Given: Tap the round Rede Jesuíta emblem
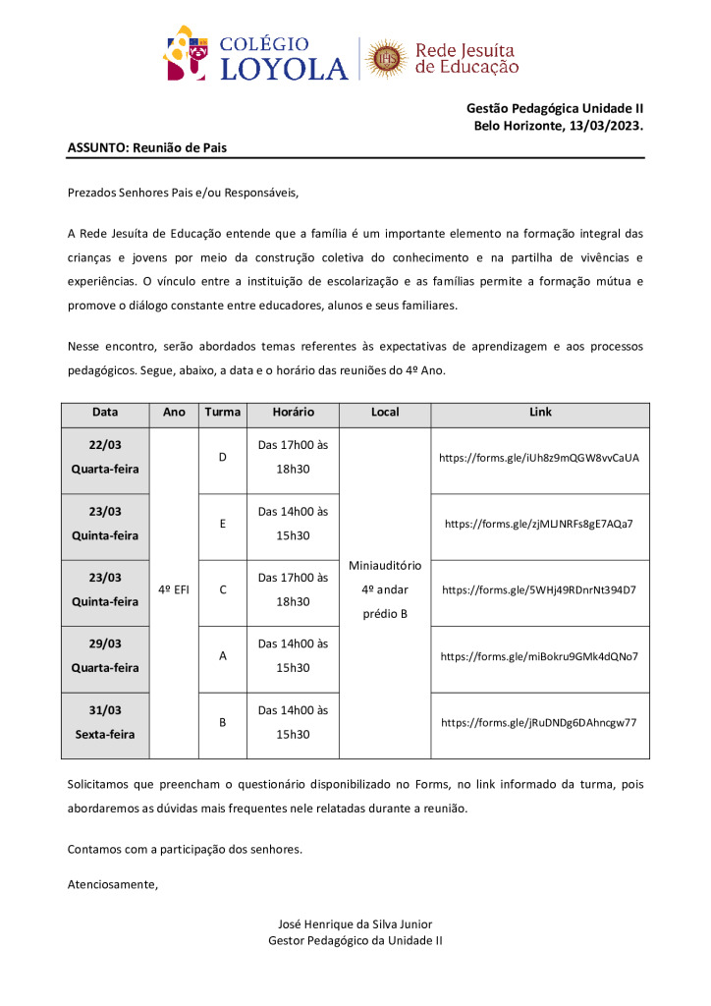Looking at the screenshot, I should pyautogui.click(x=386, y=59).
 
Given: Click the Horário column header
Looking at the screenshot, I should pyautogui.click(x=293, y=413).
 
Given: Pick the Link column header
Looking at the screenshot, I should pyautogui.click(x=540, y=413).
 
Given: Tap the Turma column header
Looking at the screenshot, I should pyautogui.click(x=223, y=413).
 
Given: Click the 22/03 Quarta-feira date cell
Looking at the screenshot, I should pyautogui.click(x=105, y=457).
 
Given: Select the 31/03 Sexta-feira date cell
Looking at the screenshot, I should pyautogui.click(x=105, y=722).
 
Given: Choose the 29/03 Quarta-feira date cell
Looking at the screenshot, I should pyautogui.click(x=105, y=655).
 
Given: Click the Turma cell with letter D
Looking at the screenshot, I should pyautogui.click(x=223, y=457).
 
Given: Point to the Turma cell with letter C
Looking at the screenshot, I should pyautogui.click(x=223, y=589).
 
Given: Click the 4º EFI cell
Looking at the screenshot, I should pyautogui.click(x=174, y=589).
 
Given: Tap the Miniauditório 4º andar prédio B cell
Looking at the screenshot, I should pyautogui.click(x=385, y=589).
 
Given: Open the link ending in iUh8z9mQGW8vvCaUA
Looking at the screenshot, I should pyautogui.click(x=539, y=457).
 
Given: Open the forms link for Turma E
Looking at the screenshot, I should pyautogui.click(x=539, y=524).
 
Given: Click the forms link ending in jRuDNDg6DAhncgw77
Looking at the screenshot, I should pyautogui.click(x=539, y=722).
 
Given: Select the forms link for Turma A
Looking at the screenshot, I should pyautogui.click(x=539, y=655).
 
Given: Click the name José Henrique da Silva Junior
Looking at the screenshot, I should pyautogui.click(x=355, y=923).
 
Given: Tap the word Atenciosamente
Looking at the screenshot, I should pyautogui.click(x=112, y=884).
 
